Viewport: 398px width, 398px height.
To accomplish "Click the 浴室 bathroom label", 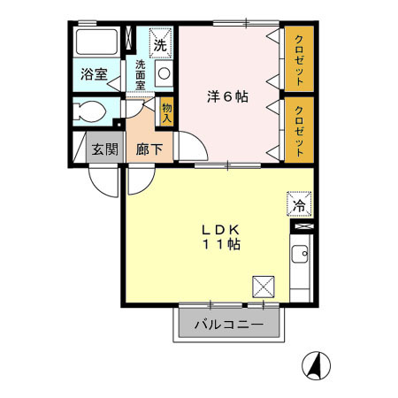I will [96, 74].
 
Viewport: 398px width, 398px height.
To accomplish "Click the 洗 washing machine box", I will [160, 42].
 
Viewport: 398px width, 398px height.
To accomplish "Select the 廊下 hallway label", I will [148, 149].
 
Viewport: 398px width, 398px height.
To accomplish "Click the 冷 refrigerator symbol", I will [298, 205].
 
